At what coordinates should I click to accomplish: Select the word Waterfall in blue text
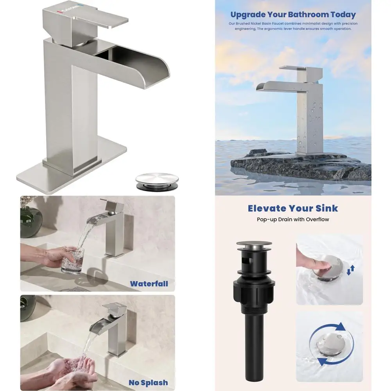coord(149,284)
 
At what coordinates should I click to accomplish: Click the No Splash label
coord(148,383)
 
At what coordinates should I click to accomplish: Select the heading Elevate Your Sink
coord(293,208)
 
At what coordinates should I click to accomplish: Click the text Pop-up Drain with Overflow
coord(293,219)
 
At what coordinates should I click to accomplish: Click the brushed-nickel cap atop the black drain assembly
coord(254,244)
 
